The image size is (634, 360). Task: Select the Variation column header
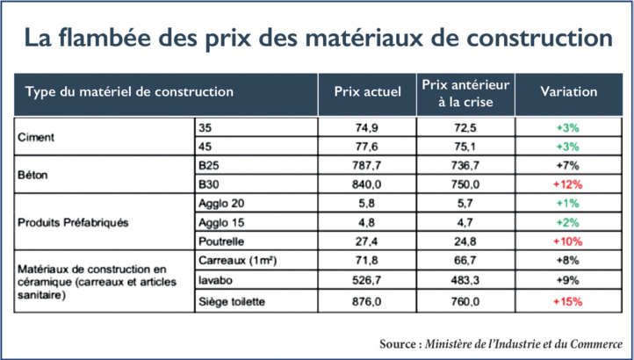point(568,92)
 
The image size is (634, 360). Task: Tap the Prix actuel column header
point(368,92)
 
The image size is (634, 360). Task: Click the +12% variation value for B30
point(568,184)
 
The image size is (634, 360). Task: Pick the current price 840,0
point(368,184)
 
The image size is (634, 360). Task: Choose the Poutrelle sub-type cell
point(220,240)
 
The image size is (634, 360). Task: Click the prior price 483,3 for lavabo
point(467,280)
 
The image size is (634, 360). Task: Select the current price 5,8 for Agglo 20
point(368,204)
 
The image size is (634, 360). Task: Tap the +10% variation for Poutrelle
point(568,240)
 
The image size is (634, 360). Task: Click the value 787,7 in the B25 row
point(368,164)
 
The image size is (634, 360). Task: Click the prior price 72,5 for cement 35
point(467,127)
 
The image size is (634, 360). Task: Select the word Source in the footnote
point(400,342)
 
